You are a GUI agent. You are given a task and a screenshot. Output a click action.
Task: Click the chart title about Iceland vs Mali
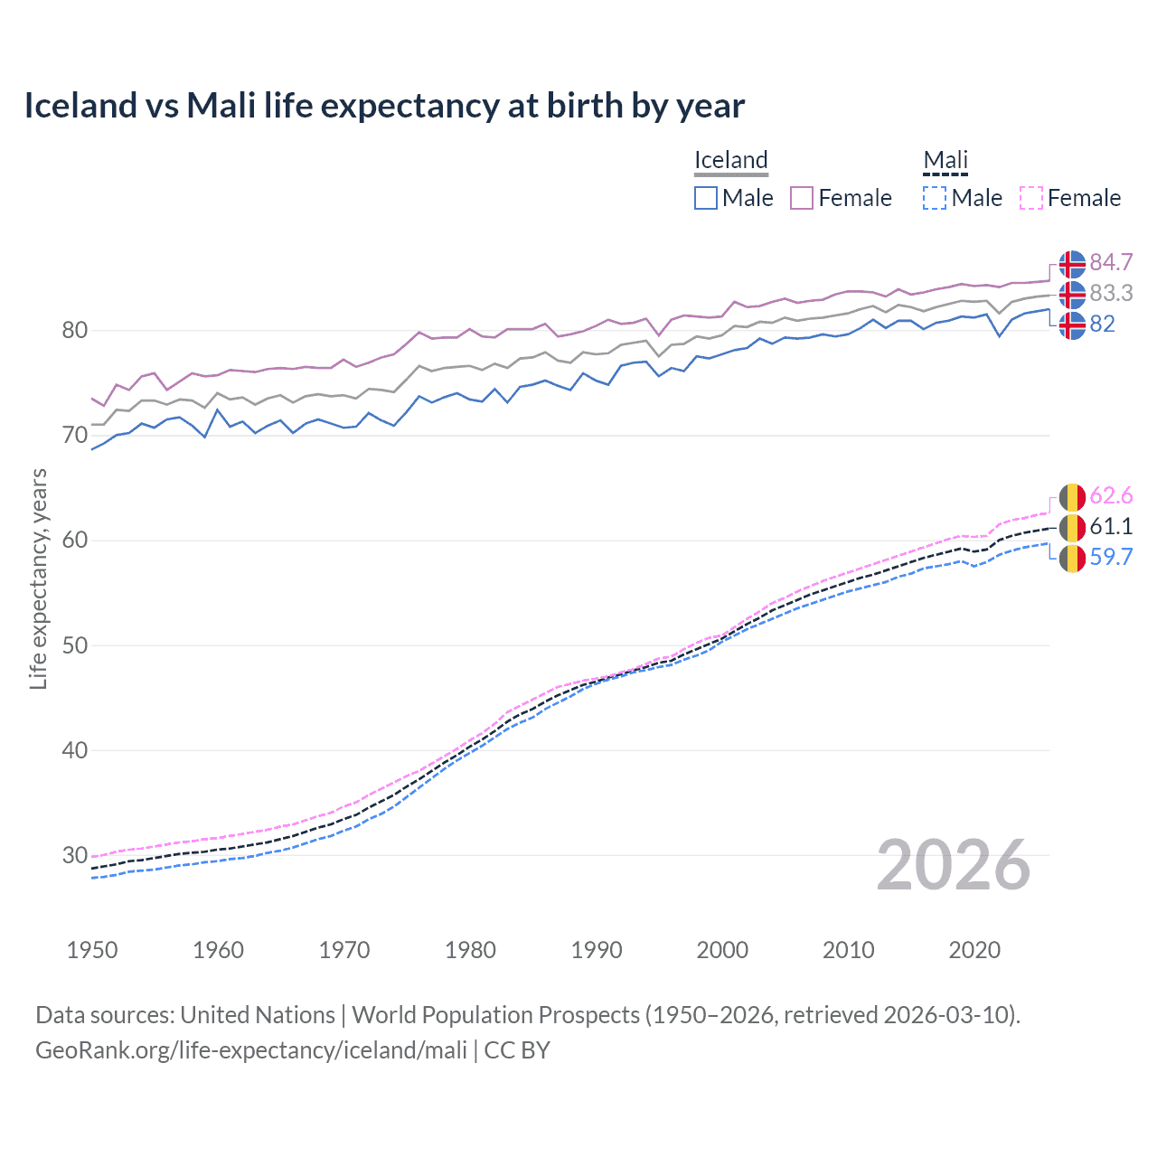click(x=384, y=106)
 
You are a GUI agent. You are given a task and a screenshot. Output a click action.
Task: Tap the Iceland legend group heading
click(x=730, y=160)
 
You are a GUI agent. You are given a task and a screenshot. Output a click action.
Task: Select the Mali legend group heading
click(x=945, y=160)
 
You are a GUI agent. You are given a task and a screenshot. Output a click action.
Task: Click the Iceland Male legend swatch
click(x=706, y=198)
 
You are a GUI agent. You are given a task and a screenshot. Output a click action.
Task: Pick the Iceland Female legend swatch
click(x=802, y=198)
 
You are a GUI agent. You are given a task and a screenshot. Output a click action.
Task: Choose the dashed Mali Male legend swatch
click(x=935, y=198)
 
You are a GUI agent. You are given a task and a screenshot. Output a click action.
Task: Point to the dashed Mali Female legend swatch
click(x=1031, y=198)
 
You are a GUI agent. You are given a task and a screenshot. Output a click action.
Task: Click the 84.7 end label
click(x=1111, y=262)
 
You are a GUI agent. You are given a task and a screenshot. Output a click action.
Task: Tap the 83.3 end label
click(x=1111, y=293)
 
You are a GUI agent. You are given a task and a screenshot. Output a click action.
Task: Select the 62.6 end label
click(x=1111, y=495)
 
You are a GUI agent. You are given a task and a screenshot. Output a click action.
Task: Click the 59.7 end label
click(x=1111, y=557)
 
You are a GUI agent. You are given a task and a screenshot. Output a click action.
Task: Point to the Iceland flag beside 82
click(x=1072, y=325)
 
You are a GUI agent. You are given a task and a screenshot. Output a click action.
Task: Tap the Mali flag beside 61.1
click(x=1072, y=526)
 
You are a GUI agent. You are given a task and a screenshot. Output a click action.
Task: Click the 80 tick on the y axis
click(x=75, y=331)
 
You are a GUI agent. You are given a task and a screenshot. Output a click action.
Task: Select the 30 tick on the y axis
click(x=75, y=855)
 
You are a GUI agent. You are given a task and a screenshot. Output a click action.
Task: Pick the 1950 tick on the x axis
click(x=92, y=950)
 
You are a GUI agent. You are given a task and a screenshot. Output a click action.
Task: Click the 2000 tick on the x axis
click(x=722, y=950)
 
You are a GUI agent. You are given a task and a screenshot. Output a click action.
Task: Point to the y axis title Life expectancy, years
click(x=39, y=578)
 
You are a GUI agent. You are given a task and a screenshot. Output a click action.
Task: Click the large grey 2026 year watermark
click(x=954, y=865)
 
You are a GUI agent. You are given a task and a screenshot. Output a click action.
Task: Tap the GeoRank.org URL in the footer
click(x=251, y=1049)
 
